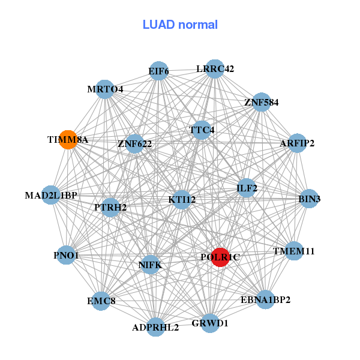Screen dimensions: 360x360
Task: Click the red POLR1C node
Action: [x=220, y=257]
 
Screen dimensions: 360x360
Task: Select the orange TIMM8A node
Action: [x=68, y=139]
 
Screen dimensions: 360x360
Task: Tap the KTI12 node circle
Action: [x=182, y=199]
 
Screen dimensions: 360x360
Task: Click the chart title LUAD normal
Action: [x=180, y=25]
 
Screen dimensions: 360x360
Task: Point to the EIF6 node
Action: [x=158, y=71]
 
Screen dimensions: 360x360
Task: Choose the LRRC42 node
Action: [x=215, y=69]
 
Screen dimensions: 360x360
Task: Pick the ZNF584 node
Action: [x=261, y=102]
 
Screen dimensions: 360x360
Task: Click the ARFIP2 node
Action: [x=297, y=143]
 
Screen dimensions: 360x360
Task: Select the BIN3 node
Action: [x=309, y=199]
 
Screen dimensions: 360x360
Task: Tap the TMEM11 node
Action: [x=293, y=251]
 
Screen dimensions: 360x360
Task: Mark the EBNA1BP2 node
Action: [x=265, y=299]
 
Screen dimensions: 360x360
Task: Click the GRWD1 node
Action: [x=210, y=323]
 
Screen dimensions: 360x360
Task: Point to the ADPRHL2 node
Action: [x=156, y=327]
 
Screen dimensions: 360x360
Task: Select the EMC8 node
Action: [x=101, y=300]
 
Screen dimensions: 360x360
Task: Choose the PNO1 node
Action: [x=66, y=256]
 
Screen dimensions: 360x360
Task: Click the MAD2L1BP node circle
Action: [x=51, y=195]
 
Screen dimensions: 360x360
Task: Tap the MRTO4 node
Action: [x=105, y=89]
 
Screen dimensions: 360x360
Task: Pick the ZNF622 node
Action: [x=134, y=143]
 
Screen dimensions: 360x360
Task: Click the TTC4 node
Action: [x=202, y=130]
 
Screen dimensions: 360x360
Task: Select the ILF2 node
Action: [x=247, y=188]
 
